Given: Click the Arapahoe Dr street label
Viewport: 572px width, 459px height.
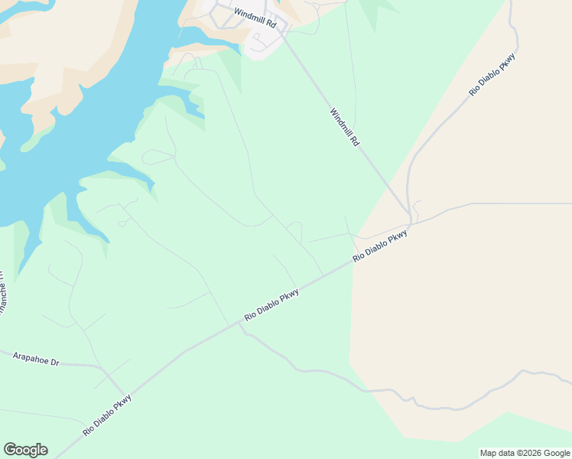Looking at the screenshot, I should click(x=36, y=357).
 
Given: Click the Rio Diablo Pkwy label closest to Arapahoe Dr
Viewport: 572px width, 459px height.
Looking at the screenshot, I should click(x=107, y=415).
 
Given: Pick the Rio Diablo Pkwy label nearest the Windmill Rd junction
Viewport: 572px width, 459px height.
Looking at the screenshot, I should click(x=379, y=247).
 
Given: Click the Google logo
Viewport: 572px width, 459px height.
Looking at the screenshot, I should click(x=25, y=450).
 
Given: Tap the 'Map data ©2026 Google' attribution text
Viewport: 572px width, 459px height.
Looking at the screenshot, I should click(x=525, y=453).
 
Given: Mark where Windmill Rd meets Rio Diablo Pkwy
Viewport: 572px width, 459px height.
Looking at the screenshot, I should click(x=411, y=223).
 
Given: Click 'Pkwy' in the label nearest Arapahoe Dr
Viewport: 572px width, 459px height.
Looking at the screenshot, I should click(x=122, y=402).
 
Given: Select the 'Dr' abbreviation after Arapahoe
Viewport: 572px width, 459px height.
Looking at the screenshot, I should click(x=54, y=360).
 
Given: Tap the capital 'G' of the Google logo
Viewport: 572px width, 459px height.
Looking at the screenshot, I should click(x=11, y=450).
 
